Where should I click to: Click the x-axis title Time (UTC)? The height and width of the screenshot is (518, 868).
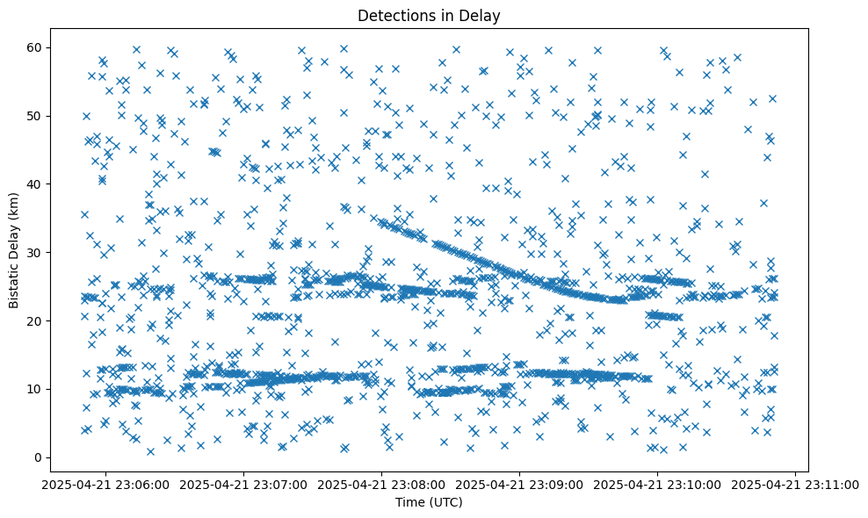429,502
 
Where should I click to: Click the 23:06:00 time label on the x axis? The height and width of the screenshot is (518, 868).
105,484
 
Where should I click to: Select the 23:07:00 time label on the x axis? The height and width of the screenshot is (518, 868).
243,484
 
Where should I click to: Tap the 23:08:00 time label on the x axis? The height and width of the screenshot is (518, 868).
382,484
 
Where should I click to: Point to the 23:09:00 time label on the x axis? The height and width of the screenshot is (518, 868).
520,484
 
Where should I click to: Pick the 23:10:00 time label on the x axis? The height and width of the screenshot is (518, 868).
658,484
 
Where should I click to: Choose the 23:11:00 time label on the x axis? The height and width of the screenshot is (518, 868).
796,484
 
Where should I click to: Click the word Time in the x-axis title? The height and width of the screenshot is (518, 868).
409,502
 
